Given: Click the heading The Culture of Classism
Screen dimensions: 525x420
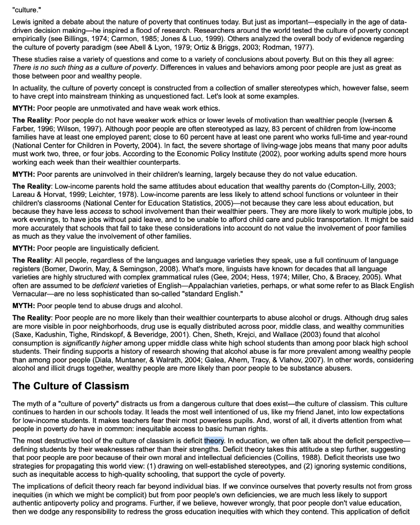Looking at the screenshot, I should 70,386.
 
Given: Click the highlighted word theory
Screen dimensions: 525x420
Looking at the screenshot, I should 214,440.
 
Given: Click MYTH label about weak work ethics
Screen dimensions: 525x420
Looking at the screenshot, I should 24,108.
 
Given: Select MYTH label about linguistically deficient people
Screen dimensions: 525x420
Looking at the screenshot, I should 24,248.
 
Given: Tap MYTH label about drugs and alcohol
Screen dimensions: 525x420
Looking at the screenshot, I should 24,306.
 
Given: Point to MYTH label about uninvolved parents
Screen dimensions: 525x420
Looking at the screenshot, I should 24,174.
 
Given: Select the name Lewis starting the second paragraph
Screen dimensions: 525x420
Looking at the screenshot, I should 23,23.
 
